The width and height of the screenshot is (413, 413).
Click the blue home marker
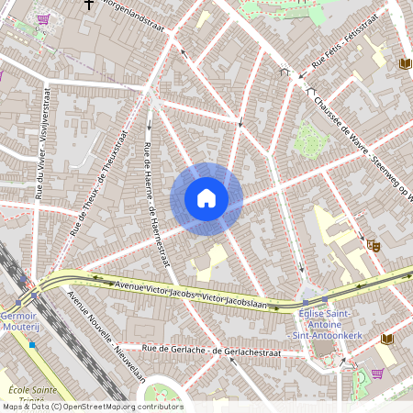pos(206,197)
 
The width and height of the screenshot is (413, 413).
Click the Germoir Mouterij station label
pos(18,319)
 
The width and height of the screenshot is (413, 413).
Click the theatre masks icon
pos(373,245)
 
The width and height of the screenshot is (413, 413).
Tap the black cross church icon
pos(89,5)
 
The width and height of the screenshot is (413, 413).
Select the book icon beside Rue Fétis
pos(405,63)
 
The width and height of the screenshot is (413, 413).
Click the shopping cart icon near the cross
pos(42,17)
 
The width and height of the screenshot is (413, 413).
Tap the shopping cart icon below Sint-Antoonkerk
pos(377,374)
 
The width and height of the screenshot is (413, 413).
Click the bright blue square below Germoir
pos(32,345)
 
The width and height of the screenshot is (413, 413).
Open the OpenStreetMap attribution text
pos(92,407)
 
